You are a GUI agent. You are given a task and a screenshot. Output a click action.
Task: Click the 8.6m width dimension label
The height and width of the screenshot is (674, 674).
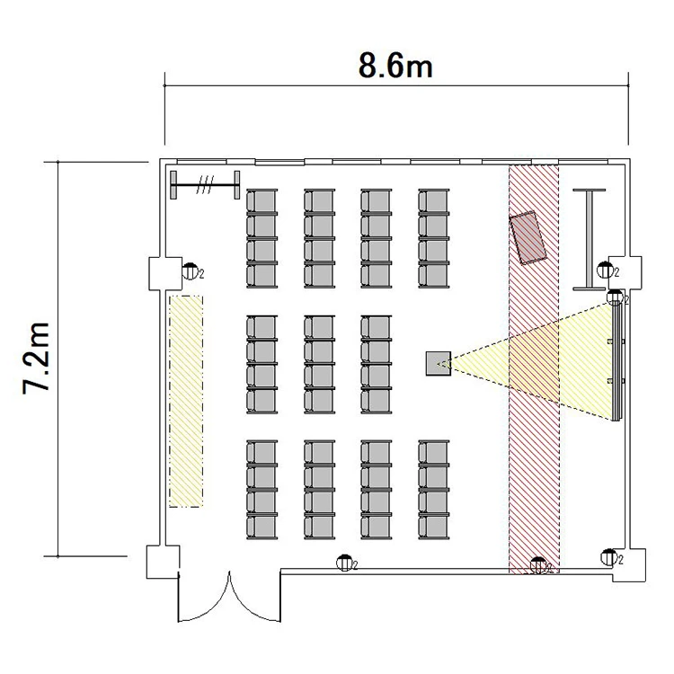395,67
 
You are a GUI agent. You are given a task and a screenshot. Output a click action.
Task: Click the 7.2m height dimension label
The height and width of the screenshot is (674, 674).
37,357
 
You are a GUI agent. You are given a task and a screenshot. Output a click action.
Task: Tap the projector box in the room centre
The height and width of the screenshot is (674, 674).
439,364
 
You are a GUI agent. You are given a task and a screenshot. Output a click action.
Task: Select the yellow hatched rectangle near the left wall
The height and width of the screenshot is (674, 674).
186,401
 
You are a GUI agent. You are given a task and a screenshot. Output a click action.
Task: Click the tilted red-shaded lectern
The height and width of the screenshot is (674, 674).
528,238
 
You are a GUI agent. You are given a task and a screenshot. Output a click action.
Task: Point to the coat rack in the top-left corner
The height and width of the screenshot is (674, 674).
205,185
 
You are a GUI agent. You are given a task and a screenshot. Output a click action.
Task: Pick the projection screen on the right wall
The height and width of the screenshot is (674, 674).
617,362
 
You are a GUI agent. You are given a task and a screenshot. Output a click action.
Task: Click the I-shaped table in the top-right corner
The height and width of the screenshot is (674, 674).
590,239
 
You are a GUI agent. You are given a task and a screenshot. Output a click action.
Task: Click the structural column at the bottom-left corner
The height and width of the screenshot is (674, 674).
163,562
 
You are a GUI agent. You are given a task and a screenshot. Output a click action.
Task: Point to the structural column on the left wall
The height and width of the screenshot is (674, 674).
165,273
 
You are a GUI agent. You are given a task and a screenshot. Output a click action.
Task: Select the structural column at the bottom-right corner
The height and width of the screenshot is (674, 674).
629,565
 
